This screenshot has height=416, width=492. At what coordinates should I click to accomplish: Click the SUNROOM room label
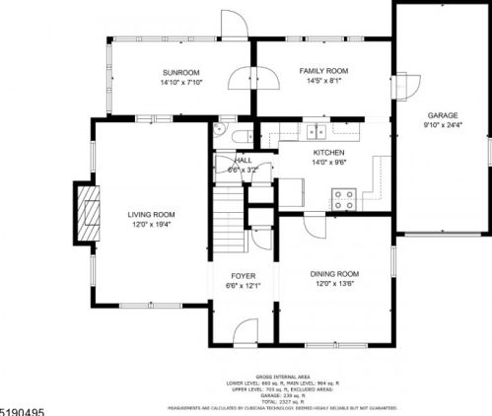180,72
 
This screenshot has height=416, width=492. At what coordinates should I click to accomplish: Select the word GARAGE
443,115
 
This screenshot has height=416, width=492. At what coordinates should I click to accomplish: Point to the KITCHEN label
328,153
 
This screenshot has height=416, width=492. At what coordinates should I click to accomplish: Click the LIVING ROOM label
151,214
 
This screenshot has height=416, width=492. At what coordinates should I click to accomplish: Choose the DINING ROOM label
334,273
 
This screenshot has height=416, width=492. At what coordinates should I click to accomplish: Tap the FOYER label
244,276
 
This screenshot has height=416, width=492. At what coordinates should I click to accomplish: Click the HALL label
241,160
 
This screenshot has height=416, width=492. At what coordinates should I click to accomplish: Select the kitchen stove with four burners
343,198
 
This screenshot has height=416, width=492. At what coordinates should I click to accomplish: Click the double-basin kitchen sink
316,131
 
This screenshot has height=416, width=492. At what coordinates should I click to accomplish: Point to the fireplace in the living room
89,213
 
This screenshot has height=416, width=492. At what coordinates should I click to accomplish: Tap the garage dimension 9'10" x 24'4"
443,125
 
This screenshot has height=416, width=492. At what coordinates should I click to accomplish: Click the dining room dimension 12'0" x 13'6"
334,285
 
